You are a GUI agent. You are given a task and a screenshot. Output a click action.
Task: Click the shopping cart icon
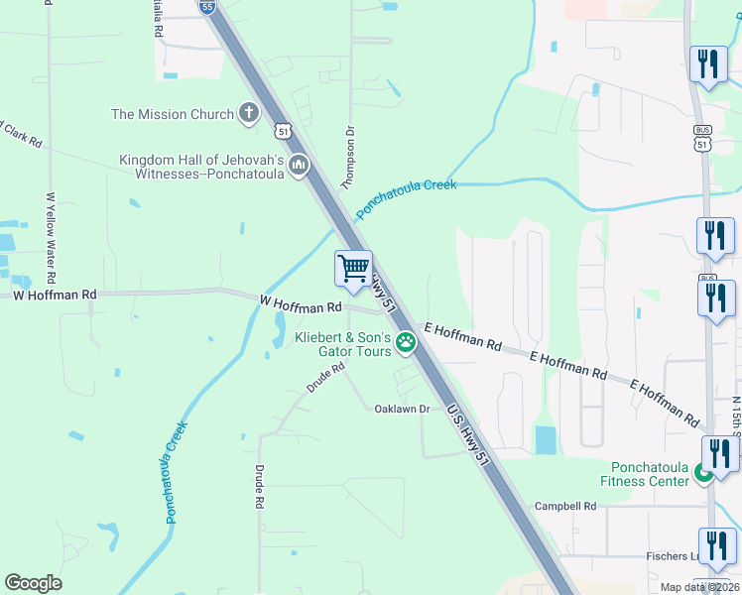pyautogui.click(x=353, y=267)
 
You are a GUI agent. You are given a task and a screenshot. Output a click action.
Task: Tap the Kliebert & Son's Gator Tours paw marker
pyautogui.click(x=406, y=343)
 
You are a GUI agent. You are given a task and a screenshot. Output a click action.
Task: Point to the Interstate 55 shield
pyautogui.click(x=205, y=7)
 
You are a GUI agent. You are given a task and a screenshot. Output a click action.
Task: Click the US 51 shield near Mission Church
pyautogui.click(x=283, y=131)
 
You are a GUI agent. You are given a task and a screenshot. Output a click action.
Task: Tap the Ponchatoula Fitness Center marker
pyautogui.click(x=703, y=474)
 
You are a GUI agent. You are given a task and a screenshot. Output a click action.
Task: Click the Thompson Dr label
pyautogui.click(x=348, y=157)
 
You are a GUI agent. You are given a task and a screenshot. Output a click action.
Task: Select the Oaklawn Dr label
pyautogui.click(x=402, y=409)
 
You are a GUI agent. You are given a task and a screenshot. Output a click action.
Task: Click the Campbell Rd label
pyautogui.click(x=565, y=506)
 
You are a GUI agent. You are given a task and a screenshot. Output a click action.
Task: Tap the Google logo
pyautogui.click(x=34, y=583)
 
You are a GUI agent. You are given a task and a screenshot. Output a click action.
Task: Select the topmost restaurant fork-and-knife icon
pyautogui.click(x=708, y=65)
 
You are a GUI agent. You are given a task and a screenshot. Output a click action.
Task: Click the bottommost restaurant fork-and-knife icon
pyautogui.click(x=716, y=546)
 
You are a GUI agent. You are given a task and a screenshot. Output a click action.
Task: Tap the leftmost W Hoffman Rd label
pyautogui.click(x=55, y=295)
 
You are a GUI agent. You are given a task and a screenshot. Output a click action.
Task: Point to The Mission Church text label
pyautogui.click(x=173, y=114)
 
